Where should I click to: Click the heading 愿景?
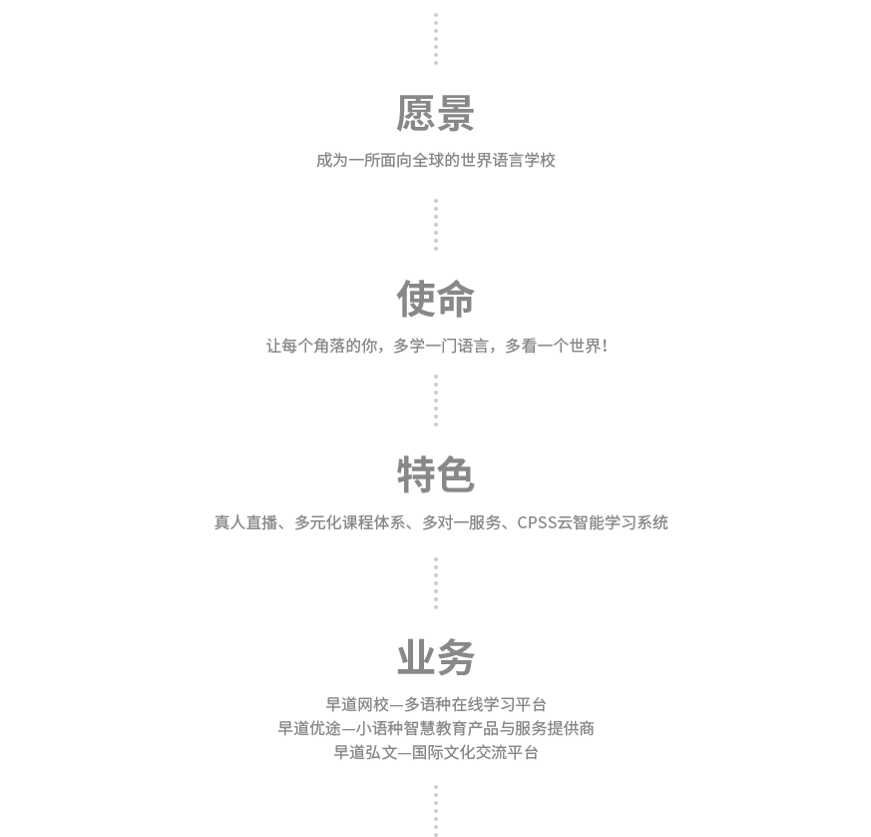click(x=435, y=114)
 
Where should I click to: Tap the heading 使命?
click(x=435, y=299)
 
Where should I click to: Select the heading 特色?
click(x=435, y=474)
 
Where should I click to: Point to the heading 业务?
click(x=435, y=657)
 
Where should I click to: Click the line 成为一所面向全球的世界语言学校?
click(x=435, y=160)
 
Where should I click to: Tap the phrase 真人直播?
click(x=246, y=522)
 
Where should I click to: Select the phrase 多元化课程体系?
click(x=350, y=522)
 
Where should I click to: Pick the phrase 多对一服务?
click(x=462, y=522)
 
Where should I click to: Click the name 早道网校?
click(x=357, y=704)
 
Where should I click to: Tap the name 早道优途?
click(x=309, y=728)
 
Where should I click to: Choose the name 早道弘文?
click(x=365, y=752)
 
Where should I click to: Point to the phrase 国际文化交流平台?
click(x=476, y=752)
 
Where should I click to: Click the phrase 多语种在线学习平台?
click(x=476, y=704)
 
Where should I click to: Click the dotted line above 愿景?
click(x=435, y=39)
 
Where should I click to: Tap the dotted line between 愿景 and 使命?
click(x=435, y=225)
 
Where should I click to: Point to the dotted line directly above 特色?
click(x=435, y=401)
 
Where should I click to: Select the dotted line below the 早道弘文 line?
click(x=435, y=811)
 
